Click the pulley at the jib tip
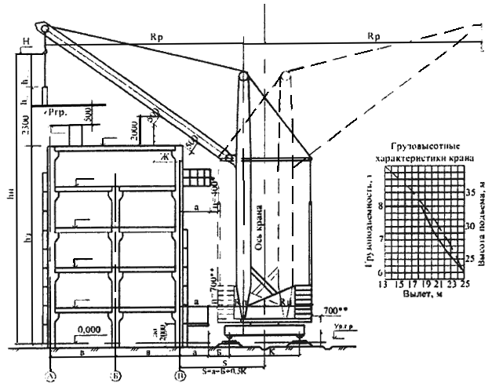pyautogui.click(x=44, y=27)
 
